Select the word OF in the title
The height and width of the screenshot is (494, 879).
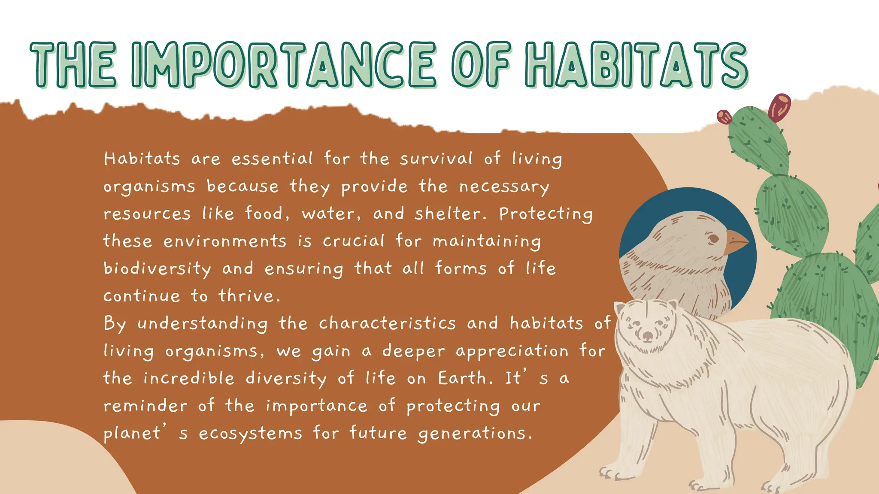tap(481, 65)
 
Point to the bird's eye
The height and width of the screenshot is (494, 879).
tap(713, 238)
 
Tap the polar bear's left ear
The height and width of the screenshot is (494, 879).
tap(620, 308)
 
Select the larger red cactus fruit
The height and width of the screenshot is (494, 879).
tap(779, 108)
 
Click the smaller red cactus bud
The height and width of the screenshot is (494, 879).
tap(724, 116)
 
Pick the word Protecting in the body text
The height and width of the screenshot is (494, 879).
tap(546, 214)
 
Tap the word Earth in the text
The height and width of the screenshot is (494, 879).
tap(463, 378)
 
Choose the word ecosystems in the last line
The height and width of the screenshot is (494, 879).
tap(251, 434)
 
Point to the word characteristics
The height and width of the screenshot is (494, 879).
tap(387, 323)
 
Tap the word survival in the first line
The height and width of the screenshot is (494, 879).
tap(436, 159)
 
